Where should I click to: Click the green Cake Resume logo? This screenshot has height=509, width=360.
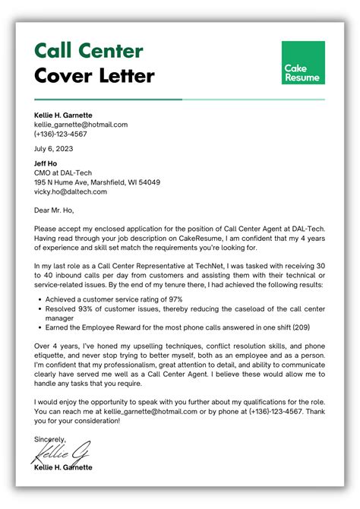[302, 62]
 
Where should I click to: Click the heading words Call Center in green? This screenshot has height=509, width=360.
[88, 51]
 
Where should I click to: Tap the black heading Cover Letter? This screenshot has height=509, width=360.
[94, 75]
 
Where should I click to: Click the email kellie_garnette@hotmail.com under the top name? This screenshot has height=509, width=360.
[81, 124]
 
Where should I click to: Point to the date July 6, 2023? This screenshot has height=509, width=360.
[55, 149]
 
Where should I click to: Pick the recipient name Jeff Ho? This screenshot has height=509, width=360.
[46, 163]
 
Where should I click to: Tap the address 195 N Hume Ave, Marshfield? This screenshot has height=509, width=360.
[96, 182]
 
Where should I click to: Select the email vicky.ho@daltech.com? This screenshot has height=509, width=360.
[71, 191]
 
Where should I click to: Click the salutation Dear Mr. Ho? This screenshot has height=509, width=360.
[55, 210]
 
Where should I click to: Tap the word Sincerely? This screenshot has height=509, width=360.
[49, 439]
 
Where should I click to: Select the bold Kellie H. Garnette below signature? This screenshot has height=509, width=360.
[64, 467]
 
